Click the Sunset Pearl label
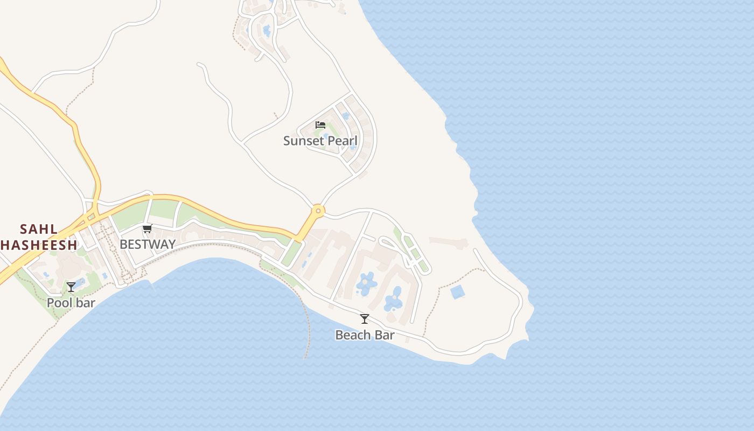320,141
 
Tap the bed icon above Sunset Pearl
320,125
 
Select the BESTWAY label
148,244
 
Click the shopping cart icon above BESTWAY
148,228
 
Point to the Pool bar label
71,303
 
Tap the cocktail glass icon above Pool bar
71,287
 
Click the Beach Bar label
365,335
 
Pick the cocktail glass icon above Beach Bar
365,319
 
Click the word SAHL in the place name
39,229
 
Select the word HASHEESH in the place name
39,245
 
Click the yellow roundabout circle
318,211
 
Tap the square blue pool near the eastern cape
457,292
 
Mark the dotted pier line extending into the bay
309,329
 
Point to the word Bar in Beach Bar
385,335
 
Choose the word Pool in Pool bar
59,303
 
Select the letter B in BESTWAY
123,244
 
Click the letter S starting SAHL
24,229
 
